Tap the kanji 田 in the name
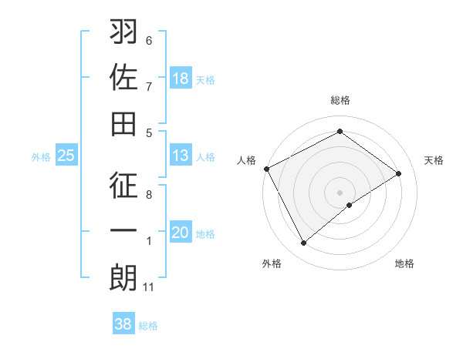tap(123, 123)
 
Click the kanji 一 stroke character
tap(123, 231)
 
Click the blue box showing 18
tap(180, 79)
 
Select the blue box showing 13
tap(180, 156)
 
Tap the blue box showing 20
tap(180, 233)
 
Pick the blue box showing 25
tap(66, 156)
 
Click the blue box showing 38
tap(123, 324)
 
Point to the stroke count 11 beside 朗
tap(149, 287)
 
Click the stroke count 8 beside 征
tap(149, 196)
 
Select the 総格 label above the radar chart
tap(340, 100)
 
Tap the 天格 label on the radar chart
tap(434, 160)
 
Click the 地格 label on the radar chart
tap(404, 263)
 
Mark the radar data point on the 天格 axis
tap(399, 173)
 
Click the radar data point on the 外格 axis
tap(303, 243)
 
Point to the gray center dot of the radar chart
tap(340, 192)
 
